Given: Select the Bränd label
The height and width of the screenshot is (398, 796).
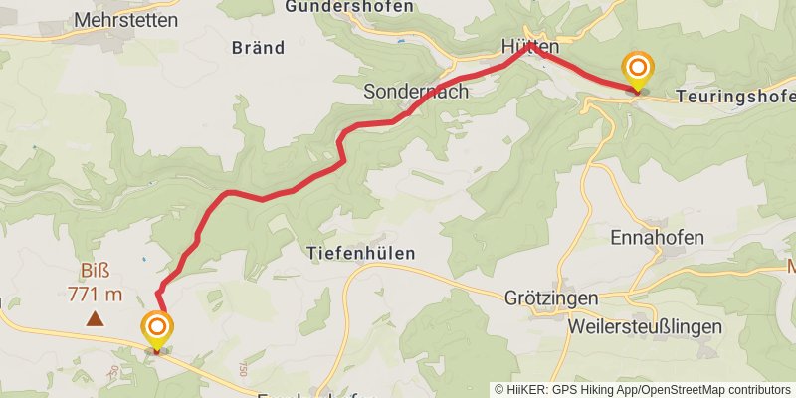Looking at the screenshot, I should click(x=258, y=47).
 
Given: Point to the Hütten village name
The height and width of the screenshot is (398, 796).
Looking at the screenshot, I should click(x=530, y=46).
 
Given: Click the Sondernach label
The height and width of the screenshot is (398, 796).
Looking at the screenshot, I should click(x=416, y=91).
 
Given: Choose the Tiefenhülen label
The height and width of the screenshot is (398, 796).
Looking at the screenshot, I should click(x=361, y=254).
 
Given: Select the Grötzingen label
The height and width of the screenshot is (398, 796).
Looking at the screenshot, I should click(x=550, y=298).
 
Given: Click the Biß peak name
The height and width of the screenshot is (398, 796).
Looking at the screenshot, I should click(x=95, y=272).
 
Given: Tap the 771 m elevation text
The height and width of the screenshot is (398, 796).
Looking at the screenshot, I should click(x=95, y=294).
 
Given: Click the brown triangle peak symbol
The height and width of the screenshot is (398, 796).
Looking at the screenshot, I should click(x=95, y=318).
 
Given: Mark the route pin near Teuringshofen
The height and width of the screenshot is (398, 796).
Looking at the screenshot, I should click(x=637, y=70).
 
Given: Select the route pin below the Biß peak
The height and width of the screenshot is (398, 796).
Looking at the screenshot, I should click(x=156, y=330).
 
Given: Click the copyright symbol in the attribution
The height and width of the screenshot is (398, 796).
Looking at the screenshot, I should click(x=500, y=389).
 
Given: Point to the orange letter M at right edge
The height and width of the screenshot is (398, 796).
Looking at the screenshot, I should click(x=792, y=267).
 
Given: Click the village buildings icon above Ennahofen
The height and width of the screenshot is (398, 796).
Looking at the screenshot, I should click(x=653, y=225).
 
